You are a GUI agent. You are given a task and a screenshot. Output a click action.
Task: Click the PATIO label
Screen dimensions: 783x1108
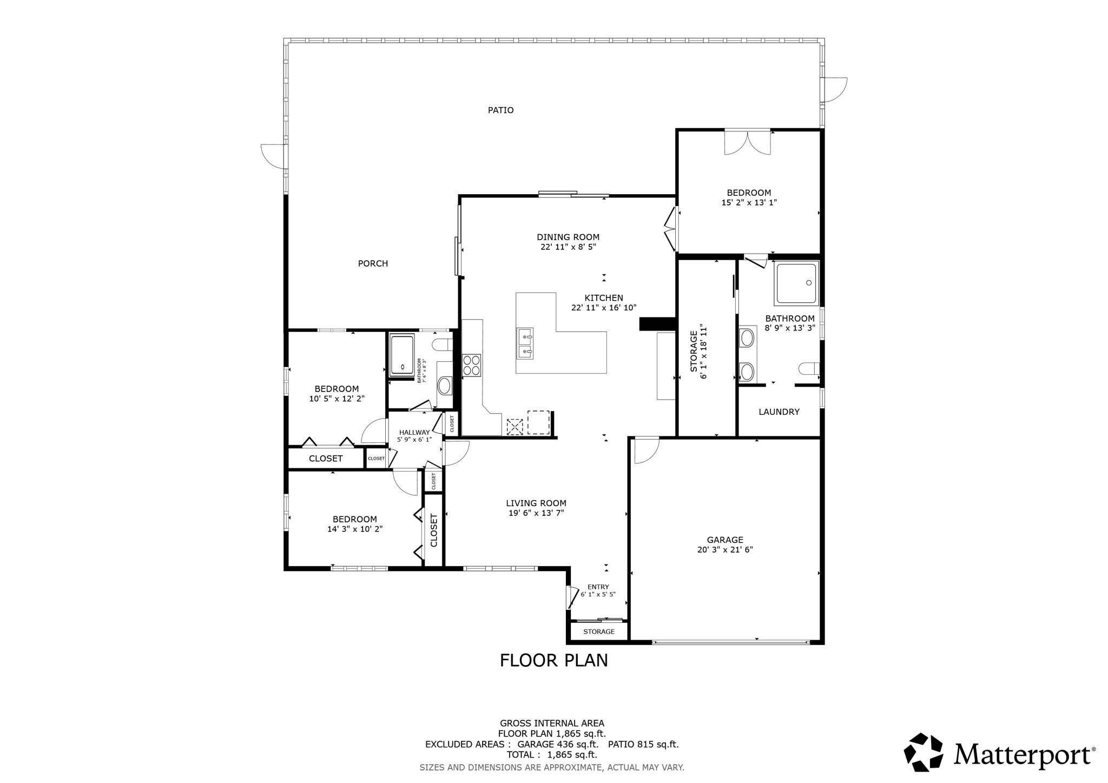(x=500, y=110)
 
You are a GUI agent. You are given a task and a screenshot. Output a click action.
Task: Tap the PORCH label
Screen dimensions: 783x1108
(x=373, y=264)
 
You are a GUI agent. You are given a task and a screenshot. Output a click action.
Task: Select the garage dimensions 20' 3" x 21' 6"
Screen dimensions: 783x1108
(x=725, y=550)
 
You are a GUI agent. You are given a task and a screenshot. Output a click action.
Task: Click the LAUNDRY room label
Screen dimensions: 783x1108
(x=779, y=412)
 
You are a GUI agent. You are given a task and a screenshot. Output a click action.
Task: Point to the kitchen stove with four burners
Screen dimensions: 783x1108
(x=471, y=365)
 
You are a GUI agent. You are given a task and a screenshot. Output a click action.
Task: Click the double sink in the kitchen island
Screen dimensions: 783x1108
(x=525, y=343)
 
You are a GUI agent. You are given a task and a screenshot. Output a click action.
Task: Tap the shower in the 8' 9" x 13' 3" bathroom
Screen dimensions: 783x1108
(x=796, y=283)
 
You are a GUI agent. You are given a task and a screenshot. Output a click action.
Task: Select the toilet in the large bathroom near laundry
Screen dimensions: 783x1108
(x=809, y=369)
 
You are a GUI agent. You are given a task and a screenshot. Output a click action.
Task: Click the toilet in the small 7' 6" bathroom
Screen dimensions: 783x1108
(x=443, y=344)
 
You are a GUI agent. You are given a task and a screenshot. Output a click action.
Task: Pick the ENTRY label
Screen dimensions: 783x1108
(x=598, y=587)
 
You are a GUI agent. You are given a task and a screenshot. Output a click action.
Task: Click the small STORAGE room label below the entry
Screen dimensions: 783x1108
(x=599, y=632)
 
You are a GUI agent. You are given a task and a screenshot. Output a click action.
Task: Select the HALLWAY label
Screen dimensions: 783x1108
(x=414, y=433)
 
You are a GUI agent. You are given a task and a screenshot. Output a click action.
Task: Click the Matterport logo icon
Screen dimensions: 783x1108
(x=924, y=752)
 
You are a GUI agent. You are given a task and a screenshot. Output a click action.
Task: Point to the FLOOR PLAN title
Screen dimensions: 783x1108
(x=553, y=661)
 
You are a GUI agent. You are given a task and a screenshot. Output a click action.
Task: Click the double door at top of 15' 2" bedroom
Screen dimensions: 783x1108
(x=747, y=143)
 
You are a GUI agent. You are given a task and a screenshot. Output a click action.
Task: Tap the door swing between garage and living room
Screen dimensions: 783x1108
(x=645, y=450)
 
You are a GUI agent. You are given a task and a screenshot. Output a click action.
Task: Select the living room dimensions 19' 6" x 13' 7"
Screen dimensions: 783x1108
(x=536, y=513)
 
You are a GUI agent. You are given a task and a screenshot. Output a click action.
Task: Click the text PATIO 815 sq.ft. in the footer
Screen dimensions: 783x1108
(x=643, y=745)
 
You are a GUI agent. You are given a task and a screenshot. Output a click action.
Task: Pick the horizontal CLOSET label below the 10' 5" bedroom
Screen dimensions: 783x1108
(x=325, y=459)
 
